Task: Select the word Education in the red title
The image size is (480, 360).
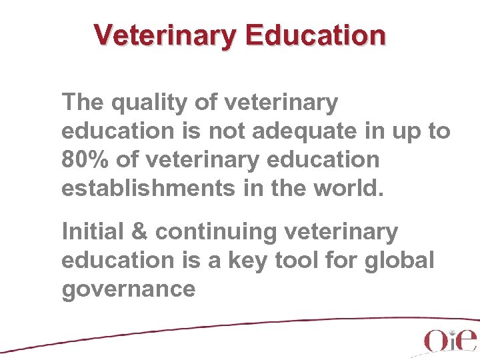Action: coord(315,35)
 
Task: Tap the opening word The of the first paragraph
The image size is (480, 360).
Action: coord(81,103)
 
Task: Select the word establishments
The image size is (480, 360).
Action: coord(147,189)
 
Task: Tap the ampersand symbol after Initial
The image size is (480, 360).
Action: coord(141,232)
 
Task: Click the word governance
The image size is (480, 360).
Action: coord(128,290)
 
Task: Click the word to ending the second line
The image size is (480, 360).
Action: coord(439,132)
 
